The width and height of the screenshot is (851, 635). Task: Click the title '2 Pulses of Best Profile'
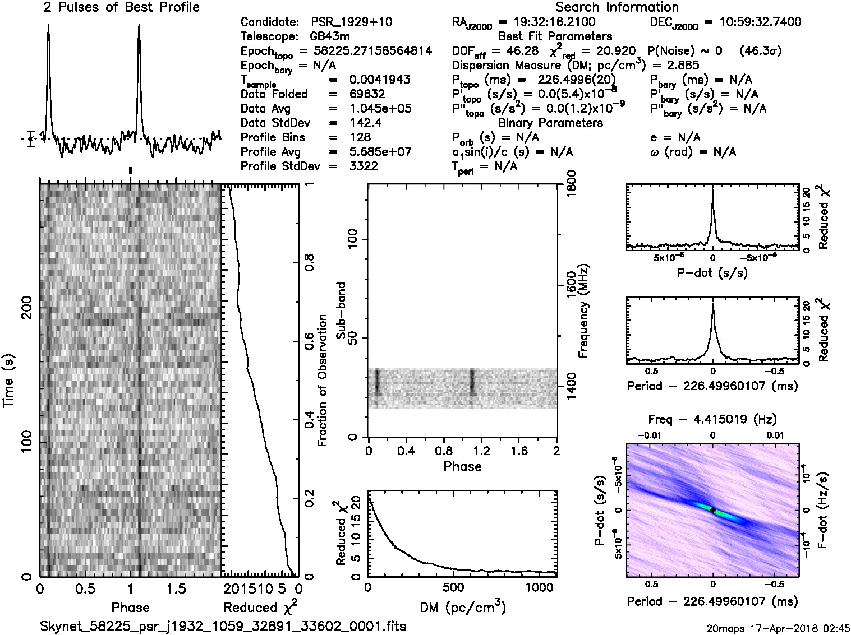[x=121, y=8]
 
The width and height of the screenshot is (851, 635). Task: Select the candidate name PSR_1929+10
[x=352, y=22]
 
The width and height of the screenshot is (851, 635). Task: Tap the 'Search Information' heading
[x=617, y=8]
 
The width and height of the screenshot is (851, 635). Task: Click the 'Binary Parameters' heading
[x=551, y=123]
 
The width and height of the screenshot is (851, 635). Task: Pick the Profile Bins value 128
[x=360, y=137]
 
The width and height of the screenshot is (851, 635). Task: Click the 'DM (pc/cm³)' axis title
[x=462, y=608]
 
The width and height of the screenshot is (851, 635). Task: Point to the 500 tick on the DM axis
[x=453, y=588]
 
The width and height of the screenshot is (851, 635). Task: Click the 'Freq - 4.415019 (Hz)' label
[x=712, y=419]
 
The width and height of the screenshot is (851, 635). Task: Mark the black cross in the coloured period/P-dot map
[x=712, y=511]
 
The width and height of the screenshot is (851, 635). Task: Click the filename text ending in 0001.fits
[x=223, y=625]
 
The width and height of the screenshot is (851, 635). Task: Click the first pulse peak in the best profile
[x=49, y=25]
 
